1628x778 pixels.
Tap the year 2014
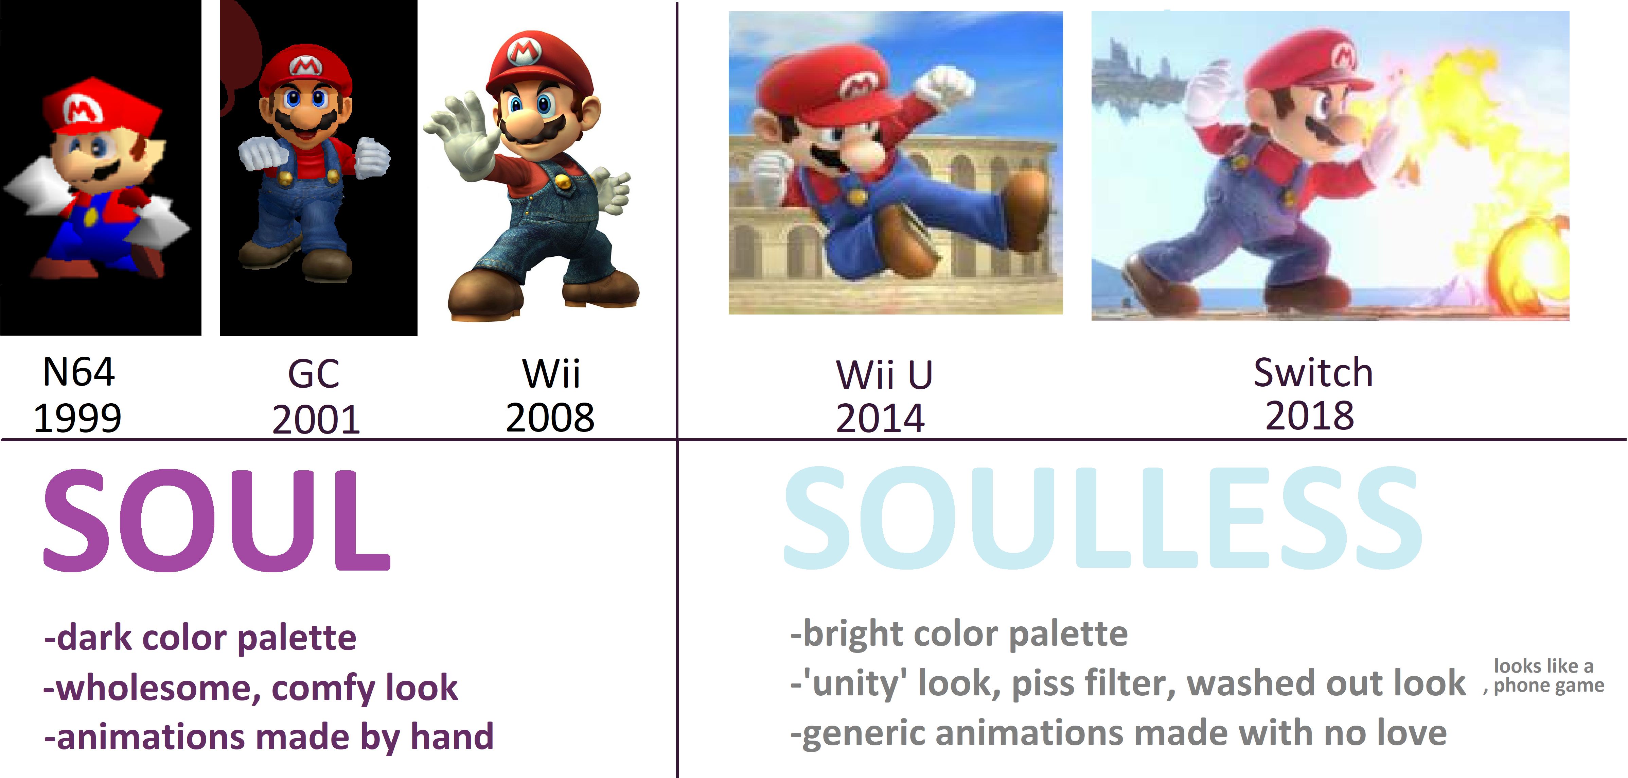tap(880, 419)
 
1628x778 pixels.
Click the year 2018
tap(1309, 416)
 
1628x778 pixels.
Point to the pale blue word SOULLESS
tap(1103, 518)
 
